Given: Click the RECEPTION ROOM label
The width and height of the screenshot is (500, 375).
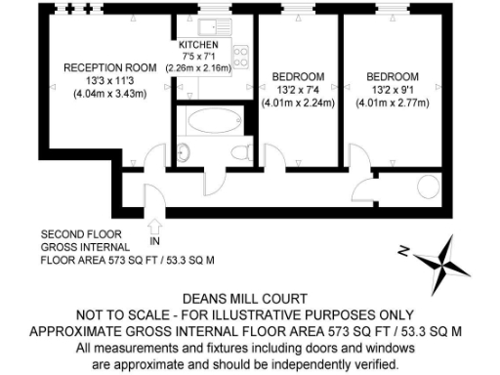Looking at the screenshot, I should tap(110, 67).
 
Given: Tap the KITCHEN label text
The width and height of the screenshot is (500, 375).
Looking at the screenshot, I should tap(198, 46).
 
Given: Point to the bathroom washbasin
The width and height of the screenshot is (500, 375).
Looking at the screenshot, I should tap(184, 150).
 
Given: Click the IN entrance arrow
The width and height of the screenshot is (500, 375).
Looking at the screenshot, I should tap(153, 230).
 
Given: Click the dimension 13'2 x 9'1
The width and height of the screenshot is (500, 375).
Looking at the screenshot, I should tap(393, 89).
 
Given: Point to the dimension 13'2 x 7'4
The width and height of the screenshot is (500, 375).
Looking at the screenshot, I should tap(296, 89).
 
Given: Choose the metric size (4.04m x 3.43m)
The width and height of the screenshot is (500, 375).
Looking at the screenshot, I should tap(110, 94).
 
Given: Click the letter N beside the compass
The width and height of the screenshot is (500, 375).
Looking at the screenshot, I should tap(402, 251).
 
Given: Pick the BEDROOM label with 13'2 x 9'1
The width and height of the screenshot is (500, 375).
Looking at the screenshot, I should tap(393, 76).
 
